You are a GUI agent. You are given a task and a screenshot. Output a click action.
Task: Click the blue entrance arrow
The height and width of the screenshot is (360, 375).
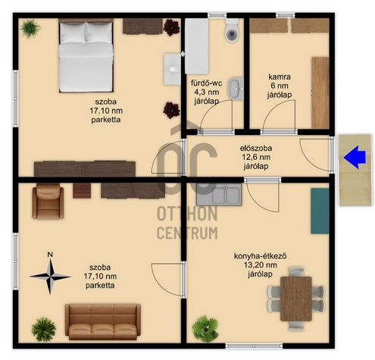[355, 157]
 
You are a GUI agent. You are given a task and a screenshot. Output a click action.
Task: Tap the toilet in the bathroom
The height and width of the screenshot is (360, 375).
[231, 30]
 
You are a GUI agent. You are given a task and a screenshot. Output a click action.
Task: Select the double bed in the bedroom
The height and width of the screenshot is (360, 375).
[86, 57]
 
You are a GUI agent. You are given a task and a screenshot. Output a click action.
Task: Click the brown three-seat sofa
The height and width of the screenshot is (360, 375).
[103, 322]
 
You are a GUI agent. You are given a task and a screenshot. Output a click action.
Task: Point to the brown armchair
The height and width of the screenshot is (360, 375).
[48, 202]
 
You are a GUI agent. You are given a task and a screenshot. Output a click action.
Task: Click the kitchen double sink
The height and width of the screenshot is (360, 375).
[219, 194]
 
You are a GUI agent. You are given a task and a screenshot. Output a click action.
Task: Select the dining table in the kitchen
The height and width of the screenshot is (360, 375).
[296, 299]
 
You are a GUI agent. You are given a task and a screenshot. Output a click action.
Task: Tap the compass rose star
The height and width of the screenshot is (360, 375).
[50, 277]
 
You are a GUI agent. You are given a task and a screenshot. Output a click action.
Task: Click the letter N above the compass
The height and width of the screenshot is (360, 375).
[50, 255]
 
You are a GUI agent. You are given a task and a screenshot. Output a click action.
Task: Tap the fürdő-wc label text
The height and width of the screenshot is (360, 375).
[207, 83]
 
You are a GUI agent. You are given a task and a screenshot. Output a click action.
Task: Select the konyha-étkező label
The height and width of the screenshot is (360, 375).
[261, 256]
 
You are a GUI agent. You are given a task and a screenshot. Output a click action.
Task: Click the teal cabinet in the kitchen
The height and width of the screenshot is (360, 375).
[320, 211]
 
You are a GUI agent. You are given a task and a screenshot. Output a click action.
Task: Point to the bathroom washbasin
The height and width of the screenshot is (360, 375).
[236, 89]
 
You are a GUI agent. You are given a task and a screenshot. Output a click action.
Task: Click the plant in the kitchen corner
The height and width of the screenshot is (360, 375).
[205, 329]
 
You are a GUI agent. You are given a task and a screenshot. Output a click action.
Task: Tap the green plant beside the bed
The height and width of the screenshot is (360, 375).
[30, 28]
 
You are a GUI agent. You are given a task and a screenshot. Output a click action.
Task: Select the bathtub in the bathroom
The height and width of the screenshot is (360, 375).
[197, 46]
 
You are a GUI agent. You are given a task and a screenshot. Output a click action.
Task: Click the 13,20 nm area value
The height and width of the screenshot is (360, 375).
[261, 265]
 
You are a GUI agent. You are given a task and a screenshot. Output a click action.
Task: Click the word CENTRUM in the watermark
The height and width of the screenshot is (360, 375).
[187, 233]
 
